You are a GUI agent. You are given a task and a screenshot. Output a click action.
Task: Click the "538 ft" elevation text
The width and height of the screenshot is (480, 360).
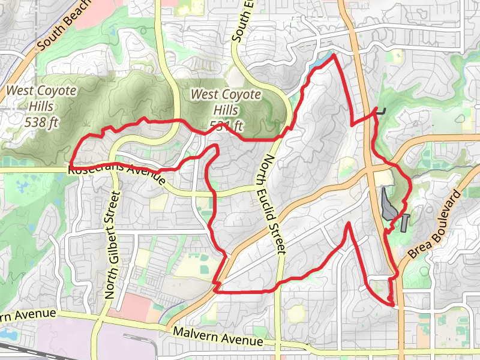[x=41, y=122]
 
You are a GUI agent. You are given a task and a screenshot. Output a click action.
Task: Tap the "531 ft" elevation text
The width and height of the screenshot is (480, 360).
[x=226, y=125]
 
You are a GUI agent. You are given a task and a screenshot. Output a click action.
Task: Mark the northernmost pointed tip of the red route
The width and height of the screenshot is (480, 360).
[x=332, y=55]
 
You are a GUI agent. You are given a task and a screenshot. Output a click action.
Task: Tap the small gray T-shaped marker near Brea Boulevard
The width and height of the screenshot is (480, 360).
[x=406, y=221]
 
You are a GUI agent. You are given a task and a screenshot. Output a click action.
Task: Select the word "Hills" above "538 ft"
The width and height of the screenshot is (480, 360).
[x=41, y=106]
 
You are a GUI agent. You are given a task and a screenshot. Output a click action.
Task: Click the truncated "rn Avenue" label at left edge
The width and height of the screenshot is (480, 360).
[x=28, y=315]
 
